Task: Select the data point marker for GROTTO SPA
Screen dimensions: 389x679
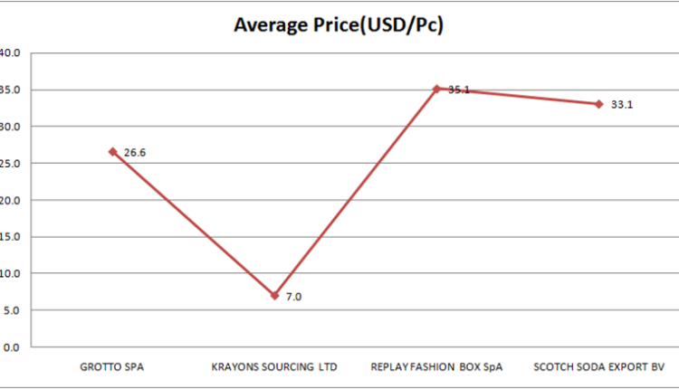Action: click(113, 152)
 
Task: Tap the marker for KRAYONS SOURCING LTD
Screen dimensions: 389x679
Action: click(274, 296)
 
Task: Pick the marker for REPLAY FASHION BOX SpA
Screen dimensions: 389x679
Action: click(436, 89)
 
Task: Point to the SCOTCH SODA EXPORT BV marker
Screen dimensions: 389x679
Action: click(598, 104)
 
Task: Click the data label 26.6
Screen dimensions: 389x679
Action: click(135, 153)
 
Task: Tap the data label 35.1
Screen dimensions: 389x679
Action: click(459, 90)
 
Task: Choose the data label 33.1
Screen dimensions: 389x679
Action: click(621, 105)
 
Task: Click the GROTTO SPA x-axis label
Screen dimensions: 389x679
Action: click(112, 367)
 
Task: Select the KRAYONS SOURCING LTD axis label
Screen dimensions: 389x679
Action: click(274, 367)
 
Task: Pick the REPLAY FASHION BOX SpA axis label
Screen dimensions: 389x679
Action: click(436, 367)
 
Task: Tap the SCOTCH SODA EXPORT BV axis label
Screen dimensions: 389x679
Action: click(598, 367)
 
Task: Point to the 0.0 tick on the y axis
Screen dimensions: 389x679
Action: click(11, 346)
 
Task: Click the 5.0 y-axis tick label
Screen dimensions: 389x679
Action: click(11, 310)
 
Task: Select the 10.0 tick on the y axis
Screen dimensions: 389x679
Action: click(10, 273)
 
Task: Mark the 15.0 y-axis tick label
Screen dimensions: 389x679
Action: click(10, 237)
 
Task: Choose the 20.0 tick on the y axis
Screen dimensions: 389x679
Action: click(10, 200)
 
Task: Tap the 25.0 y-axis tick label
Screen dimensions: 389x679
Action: click(10, 164)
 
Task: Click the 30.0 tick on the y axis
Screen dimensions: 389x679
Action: click(10, 127)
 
